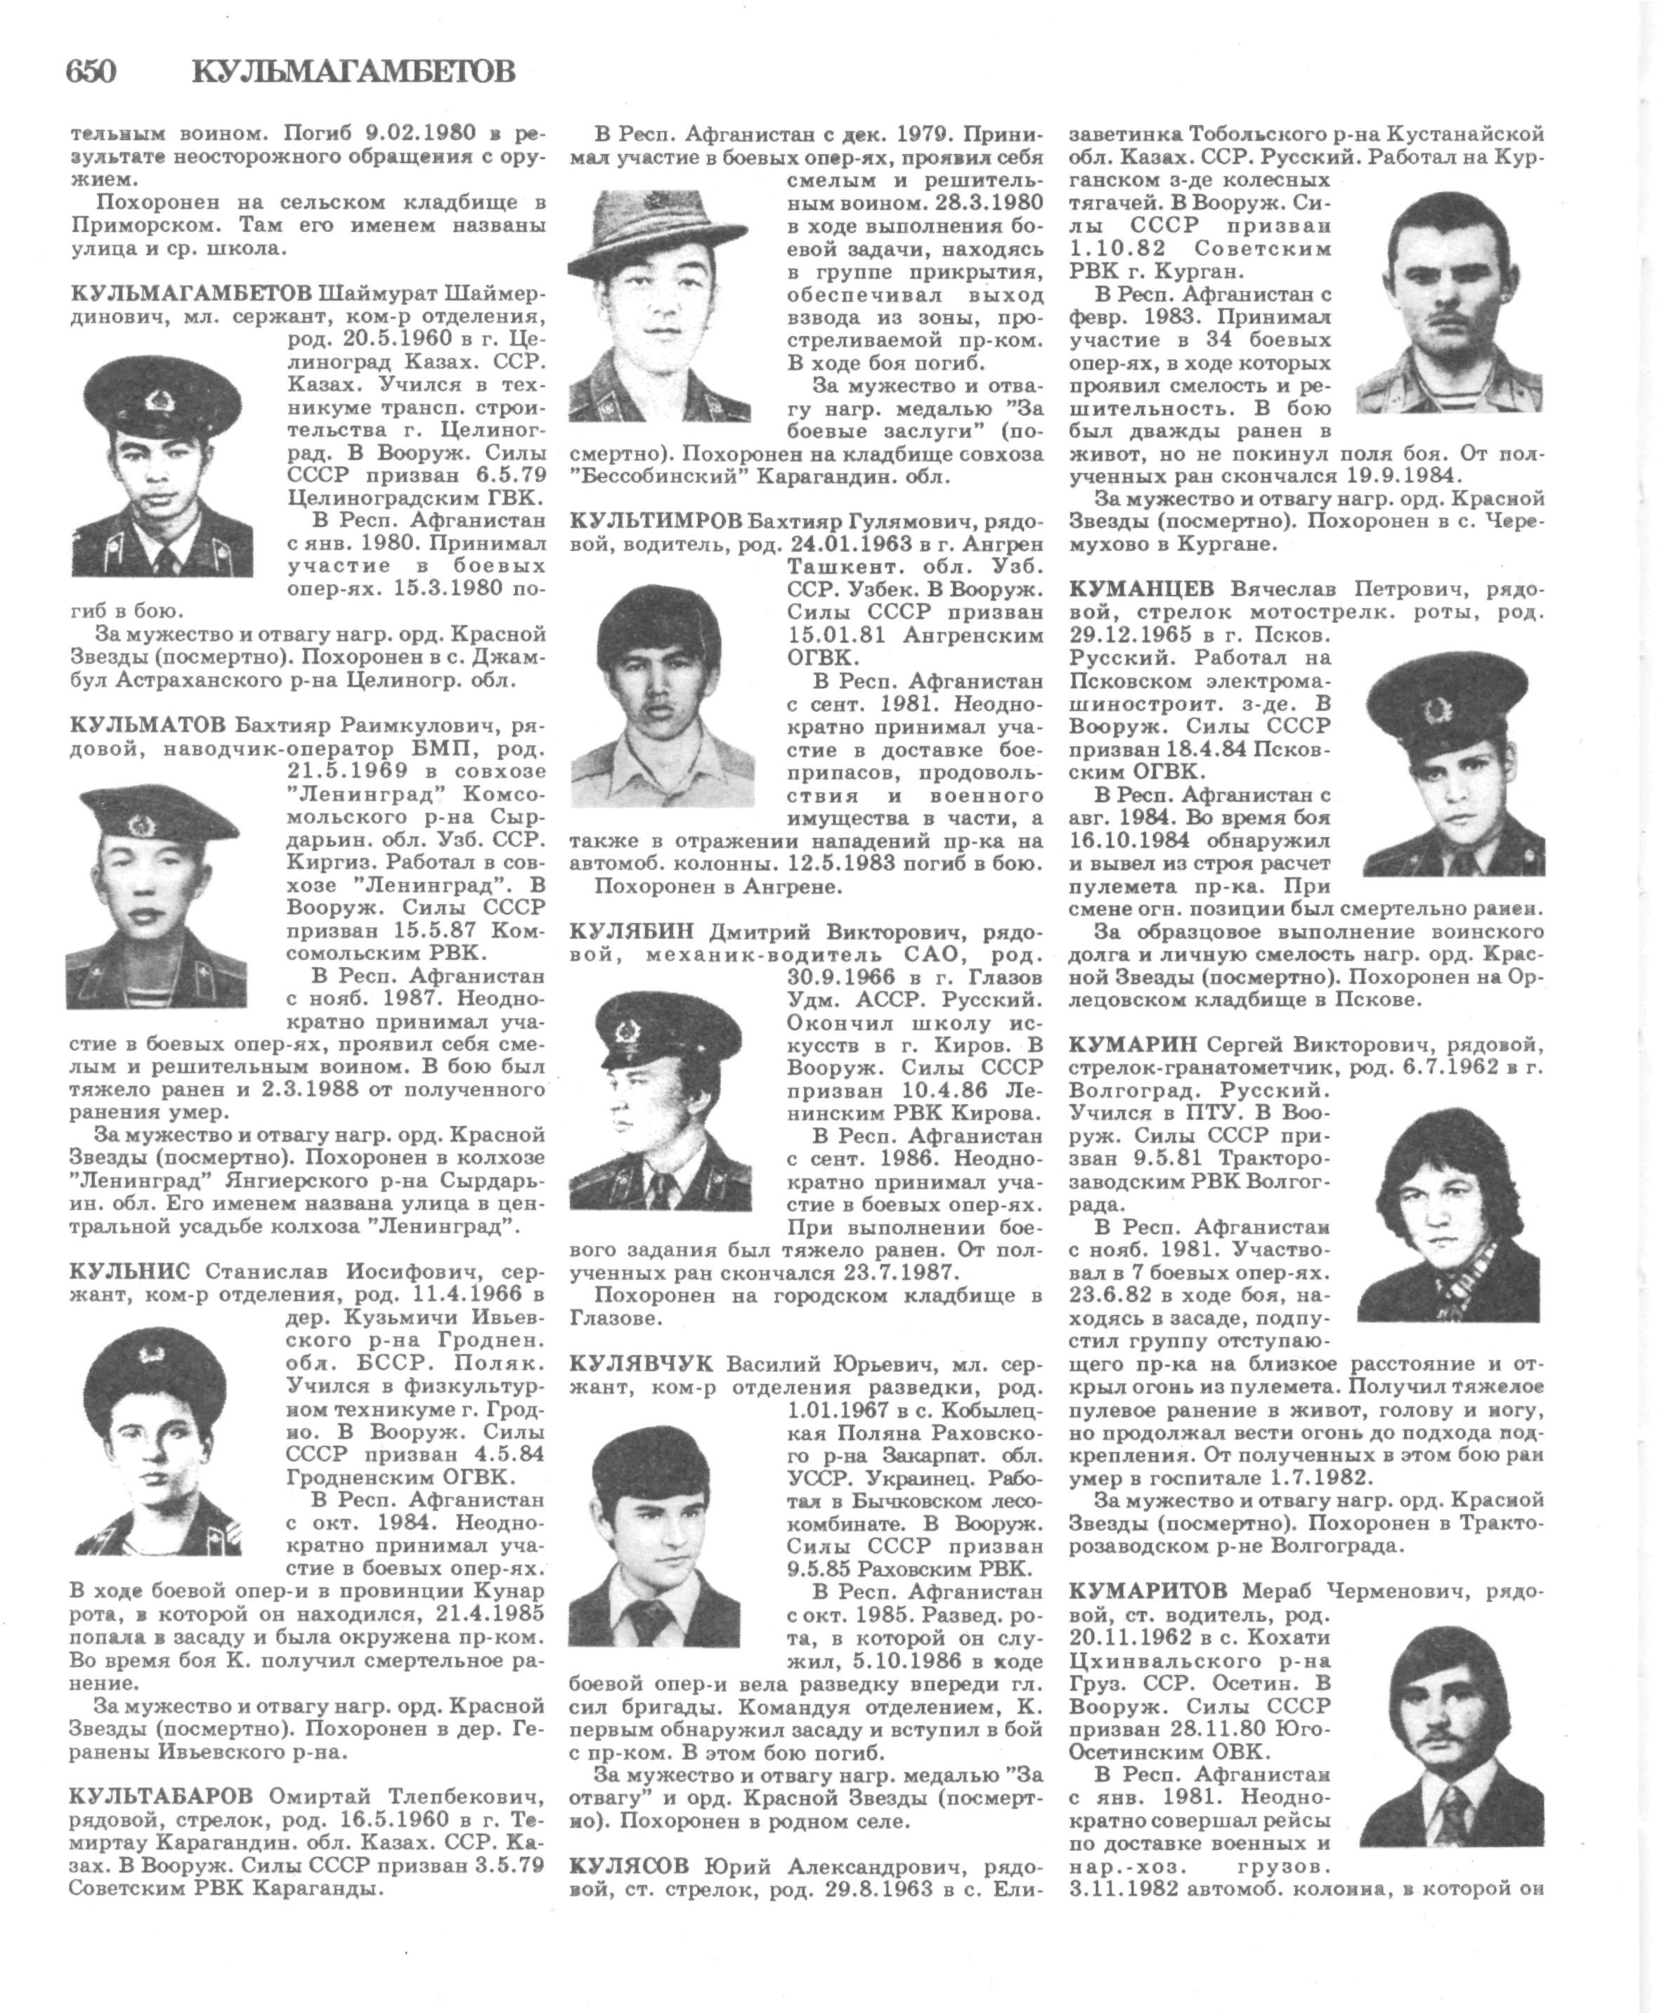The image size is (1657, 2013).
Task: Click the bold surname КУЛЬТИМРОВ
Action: pyautogui.click(x=656, y=520)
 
